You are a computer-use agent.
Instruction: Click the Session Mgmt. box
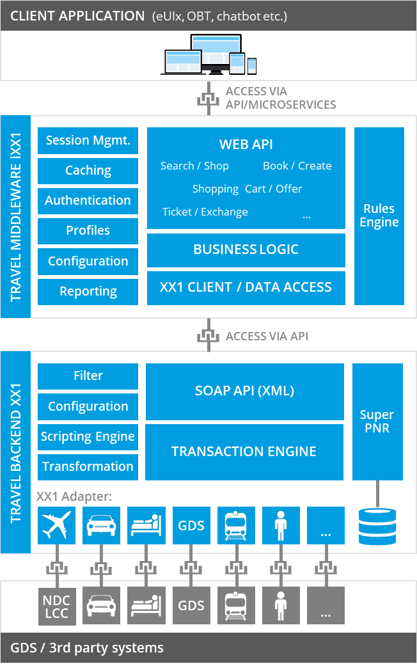point(88,141)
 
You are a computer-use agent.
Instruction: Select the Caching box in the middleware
point(88,171)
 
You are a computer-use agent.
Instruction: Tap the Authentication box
point(88,201)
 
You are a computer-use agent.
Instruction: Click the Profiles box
point(88,231)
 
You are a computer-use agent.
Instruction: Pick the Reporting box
point(88,292)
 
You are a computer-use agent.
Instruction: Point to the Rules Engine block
point(379,216)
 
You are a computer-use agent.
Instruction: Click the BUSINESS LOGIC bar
point(246,249)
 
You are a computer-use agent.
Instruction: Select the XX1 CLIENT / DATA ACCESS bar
point(246,287)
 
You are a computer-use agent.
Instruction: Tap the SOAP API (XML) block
point(244,391)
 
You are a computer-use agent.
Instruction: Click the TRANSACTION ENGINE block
point(244,452)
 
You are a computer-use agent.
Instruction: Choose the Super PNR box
point(377,422)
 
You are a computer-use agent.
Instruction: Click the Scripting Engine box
point(88,437)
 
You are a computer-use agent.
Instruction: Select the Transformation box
point(88,467)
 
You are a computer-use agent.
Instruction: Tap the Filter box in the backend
point(88,376)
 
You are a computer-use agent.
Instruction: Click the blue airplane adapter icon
point(57,526)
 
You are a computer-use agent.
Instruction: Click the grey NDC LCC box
point(57,606)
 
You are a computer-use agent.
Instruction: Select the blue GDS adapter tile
point(191,526)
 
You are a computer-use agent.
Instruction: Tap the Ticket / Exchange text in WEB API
point(205,212)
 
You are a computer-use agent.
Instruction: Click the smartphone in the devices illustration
point(252,65)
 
